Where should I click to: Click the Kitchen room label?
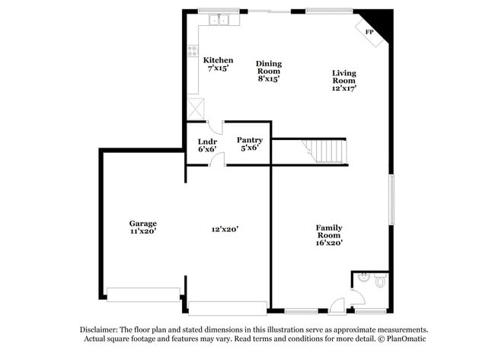(218, 60)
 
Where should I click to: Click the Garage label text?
(142, 223)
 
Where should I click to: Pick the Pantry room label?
(250, 139)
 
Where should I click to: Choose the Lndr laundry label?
(207, 142)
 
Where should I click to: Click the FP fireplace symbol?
(370, 32)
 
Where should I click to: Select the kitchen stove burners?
(192, 51)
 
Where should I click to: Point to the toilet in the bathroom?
(379, 280)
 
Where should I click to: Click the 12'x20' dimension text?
(225, 229)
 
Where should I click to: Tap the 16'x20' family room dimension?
(329, 243)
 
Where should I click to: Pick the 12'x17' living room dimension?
(343, 88)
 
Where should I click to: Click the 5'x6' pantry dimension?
(250, 148)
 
